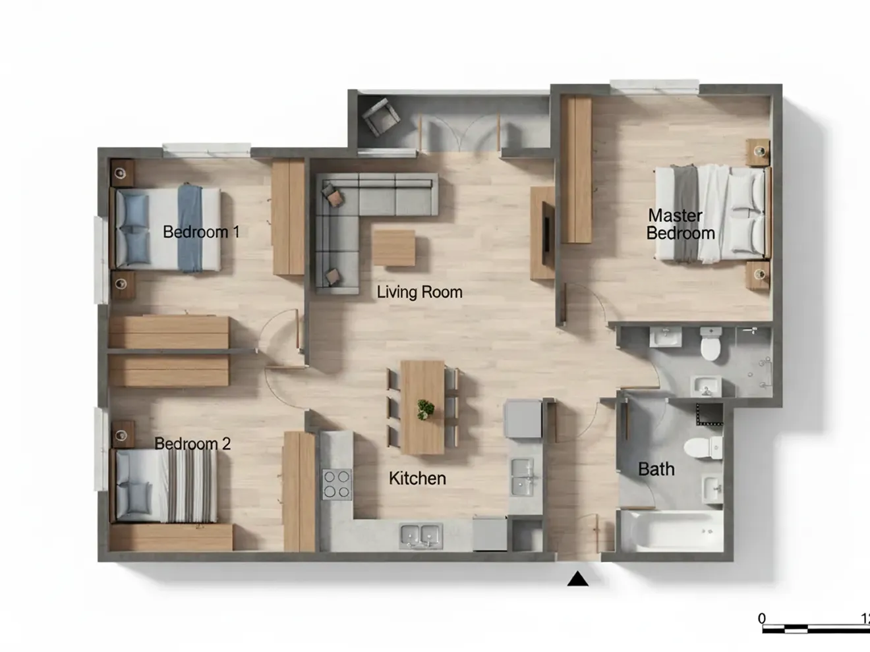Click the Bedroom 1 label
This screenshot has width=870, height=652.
201,232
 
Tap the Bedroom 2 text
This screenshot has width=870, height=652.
192,443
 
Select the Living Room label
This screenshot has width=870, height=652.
419,292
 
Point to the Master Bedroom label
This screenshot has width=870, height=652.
681,225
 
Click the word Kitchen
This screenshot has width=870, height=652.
417,478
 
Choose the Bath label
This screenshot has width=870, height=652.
656,469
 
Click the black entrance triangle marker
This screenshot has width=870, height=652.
577,578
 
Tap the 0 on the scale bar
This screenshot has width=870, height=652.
762,618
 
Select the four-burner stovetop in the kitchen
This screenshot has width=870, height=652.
337,484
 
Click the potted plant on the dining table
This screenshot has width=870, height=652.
425,410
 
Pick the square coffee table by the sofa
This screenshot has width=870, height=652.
394,248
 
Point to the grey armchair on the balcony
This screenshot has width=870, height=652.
380,117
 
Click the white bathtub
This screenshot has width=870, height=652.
672,531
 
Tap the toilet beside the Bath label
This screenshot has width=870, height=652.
703,448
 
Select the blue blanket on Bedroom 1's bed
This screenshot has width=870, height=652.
190,228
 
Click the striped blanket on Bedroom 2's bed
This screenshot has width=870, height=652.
192,486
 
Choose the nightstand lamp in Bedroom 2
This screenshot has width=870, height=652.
121,435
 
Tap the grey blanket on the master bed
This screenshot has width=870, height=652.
687,213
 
